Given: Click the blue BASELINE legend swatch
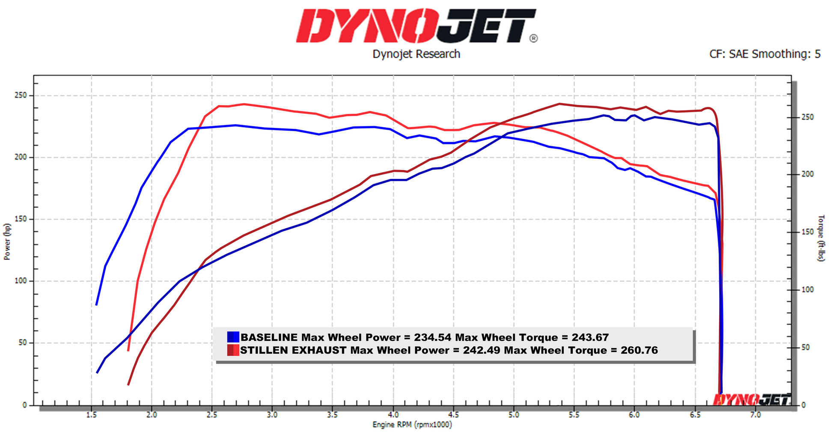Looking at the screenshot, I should click(233, 337).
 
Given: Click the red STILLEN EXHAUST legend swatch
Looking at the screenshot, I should click(233, 350).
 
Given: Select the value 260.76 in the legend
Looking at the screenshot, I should click(639, 350).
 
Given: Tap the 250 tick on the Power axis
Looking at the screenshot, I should click(21, 95).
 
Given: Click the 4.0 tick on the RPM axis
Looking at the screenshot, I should click(393, 415).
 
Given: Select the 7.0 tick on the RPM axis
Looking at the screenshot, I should click(756, 415).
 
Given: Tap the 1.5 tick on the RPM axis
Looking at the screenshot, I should click(91, 415).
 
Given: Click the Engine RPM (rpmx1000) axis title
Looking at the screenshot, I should click(412, 425).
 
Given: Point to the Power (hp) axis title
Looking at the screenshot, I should click(7, 241).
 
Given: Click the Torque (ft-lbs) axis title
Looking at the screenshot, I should click(821, 238).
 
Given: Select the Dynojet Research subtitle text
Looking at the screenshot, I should click(416, 54).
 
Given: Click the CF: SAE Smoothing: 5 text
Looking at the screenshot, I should click(765, 54).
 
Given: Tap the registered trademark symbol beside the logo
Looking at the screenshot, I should click(533, 39).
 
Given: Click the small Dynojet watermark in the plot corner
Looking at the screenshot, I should click(751, 399).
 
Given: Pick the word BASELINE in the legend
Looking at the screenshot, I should click(269, 337).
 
